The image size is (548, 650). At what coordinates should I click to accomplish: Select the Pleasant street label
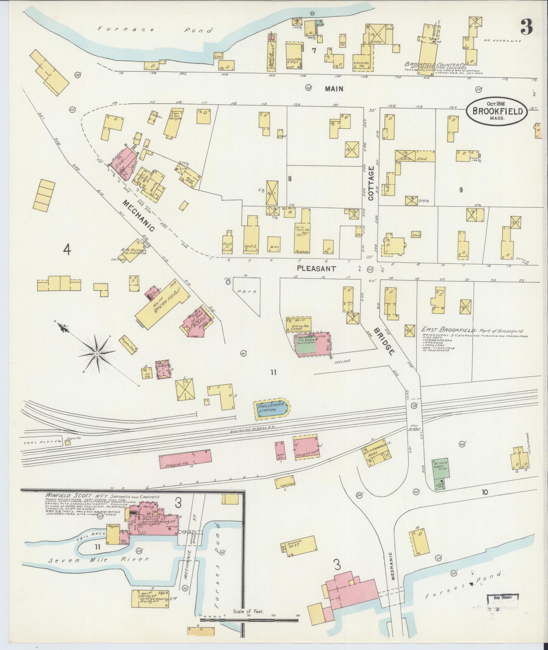[x=316, y=268]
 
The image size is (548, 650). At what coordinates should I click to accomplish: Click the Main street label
[x=334, y=89]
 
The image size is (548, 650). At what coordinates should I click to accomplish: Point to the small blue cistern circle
[x=228, y=282]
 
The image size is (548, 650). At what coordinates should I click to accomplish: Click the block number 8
[x=290, y=179]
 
